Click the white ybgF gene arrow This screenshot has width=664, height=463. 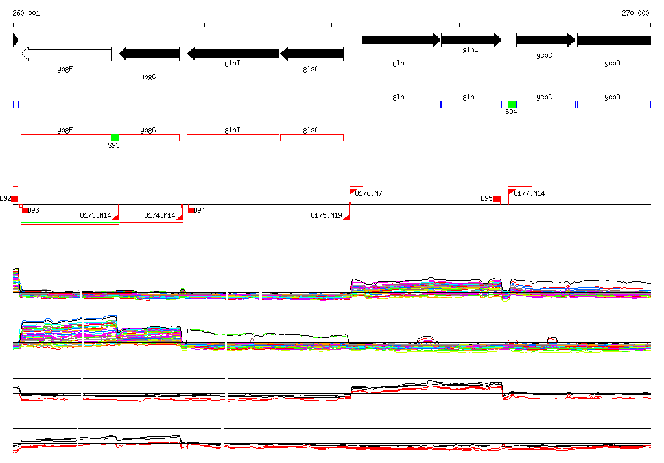coord(65,53)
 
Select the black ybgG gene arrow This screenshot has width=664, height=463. coord(149,53)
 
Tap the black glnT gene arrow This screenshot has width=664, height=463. coord(233,53)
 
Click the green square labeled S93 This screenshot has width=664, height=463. coord(115,137)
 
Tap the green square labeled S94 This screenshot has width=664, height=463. coord(512,104)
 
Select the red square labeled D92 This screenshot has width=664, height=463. coord(15,198)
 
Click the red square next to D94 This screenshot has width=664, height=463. coord(191,210)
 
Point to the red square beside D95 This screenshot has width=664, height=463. coord(497,198)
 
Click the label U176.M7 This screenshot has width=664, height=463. coord(368,193)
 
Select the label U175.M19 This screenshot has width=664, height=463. coord(326,215)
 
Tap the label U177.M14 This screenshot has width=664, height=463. coord(529,193)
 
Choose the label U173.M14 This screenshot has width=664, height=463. coord(95,215)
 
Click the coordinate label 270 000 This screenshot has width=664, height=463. coord(635,13)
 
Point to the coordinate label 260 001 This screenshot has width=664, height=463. coord(26,13)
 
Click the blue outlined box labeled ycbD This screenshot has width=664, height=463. coord(613,104)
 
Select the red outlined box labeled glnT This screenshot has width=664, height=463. coord(233,137)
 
